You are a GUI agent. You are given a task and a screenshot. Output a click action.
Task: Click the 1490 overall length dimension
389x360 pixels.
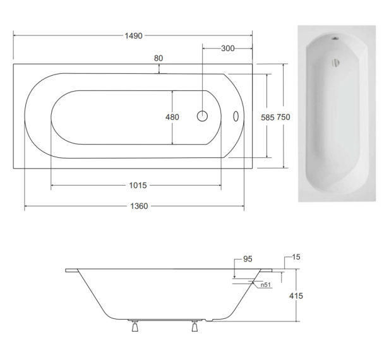tap(133, 36)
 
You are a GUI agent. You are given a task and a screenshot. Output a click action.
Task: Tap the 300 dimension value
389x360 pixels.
tap(228, 49)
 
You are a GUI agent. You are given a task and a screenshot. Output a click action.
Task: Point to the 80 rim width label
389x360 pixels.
tap(159, 58)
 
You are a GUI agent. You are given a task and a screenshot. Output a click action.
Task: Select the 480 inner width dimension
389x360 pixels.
tap(172, 117)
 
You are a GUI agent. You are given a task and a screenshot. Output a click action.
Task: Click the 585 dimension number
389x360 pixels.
tap(268, 117)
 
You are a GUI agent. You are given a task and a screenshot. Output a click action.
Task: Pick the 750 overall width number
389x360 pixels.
tap(284, 117)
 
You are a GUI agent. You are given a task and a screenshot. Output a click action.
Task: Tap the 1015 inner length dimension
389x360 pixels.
tap(138, 185)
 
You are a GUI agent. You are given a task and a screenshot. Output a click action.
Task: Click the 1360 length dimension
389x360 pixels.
tap(139, 206)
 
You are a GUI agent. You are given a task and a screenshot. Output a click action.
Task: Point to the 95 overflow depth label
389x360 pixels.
tap(248, 259)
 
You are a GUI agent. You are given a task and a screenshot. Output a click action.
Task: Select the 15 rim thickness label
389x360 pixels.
tap(296, 257)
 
